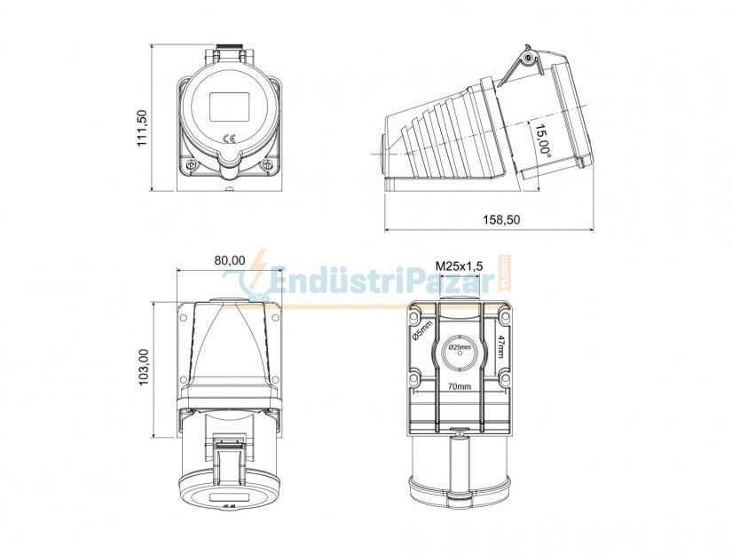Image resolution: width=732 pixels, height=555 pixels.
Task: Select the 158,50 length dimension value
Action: coord(501,220)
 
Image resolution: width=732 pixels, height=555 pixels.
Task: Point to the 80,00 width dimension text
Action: coord(230,260)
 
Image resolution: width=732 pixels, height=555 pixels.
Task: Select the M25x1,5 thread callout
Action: coord(459,266)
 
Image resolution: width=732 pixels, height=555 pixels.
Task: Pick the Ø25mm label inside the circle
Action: coord(460,347)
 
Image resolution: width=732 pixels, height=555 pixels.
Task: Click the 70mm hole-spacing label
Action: coord(459,387)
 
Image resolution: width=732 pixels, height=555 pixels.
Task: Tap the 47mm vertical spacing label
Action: coord(501,346)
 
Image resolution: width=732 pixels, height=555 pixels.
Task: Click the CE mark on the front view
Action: coord(228,138)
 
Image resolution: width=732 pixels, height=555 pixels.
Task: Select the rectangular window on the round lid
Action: coord(228,107)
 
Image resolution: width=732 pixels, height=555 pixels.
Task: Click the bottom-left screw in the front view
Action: coord(190,165)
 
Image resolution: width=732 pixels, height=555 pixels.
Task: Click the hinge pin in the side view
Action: coord(529,59)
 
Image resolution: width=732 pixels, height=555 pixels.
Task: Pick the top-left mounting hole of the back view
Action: coord(413,315)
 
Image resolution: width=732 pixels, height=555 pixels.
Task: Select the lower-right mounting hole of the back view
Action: coord(505,380)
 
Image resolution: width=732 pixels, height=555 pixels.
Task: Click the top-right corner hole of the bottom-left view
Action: coord(275,317)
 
